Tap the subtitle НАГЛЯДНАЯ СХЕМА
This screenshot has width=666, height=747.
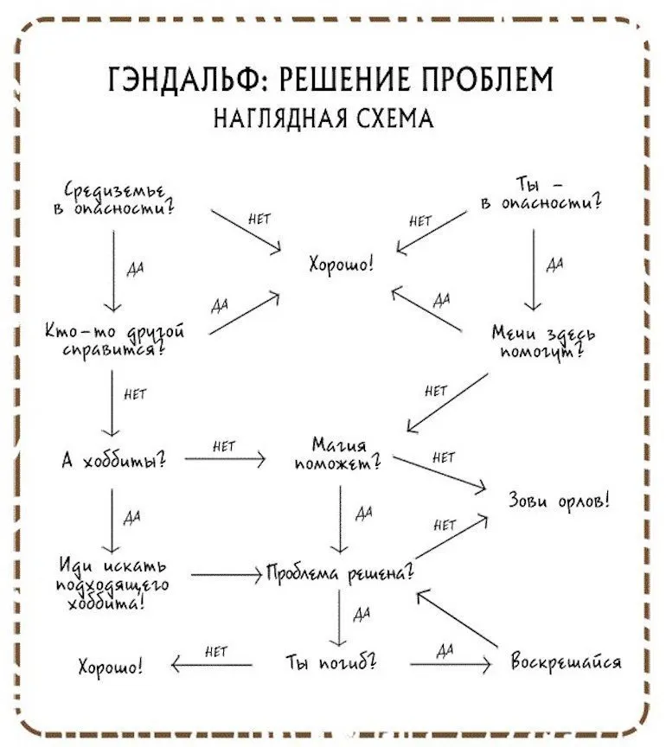(x=323, y=117)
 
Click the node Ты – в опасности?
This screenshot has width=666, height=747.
(x=541, y=195)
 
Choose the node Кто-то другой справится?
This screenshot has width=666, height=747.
(x=116, y=341)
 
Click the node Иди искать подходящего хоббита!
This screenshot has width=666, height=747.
(x=116, y=584)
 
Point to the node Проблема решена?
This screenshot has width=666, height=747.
(x=340, y=573)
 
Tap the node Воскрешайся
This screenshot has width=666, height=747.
(x=566, y=663)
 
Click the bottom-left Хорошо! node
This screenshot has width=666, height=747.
(x=111, y=667)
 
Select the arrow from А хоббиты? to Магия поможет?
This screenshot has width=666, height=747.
(x=225, y=460)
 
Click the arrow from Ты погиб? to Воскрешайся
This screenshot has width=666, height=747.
(x=450, y=664)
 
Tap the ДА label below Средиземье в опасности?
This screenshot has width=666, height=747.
(x=134, y=268)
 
